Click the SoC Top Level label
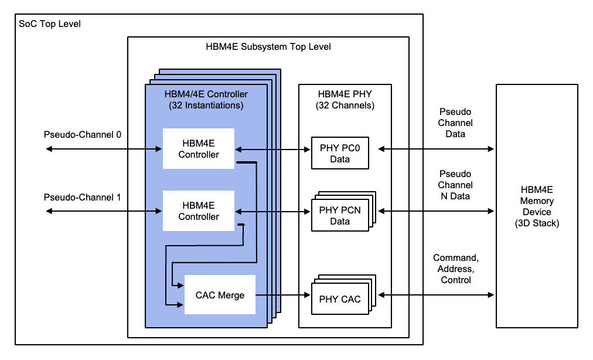coord(50,24)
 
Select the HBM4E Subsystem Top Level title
coord(268,46)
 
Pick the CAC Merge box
coord(220,295)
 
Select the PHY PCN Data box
coord(340,215)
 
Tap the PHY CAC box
coord(340,300)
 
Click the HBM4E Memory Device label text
coord(537,206)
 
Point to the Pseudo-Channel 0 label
coord(83,135)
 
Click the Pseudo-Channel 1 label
coord(83,197)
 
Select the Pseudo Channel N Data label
coord(455,185)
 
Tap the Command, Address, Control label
coord(455,269)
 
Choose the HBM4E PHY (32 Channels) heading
coord(345,100)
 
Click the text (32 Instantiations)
coord(206,106)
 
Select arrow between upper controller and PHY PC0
coord(272,150)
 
